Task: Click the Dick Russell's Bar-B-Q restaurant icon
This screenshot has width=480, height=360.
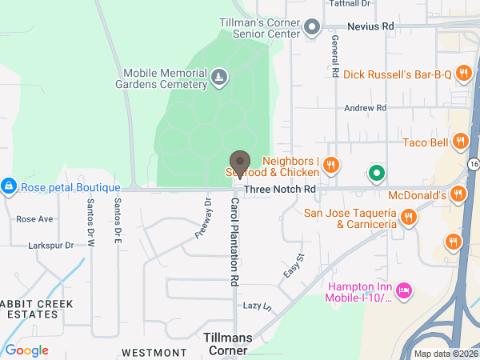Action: pyautogui.click(x=462, y=74)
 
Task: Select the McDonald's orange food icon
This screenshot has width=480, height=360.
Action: pyautogui.click(x=458, y=194)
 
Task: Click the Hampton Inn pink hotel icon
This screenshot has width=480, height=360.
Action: pyautogui.click(x=404, y=289)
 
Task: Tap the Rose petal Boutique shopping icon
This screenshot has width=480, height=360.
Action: pyautogui.click(x=9, y=186)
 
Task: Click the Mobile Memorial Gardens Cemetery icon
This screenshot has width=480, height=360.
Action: pyautogui.click(x=218, y=77)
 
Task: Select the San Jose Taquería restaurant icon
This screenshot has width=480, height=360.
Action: pyautogui.click(x=408, y=217)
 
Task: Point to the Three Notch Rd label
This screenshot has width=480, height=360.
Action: pyautogui.click(x=280, y=189)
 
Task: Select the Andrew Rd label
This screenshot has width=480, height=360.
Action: pyautogui.click(x=365, y=107)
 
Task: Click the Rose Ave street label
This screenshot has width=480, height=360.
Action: pyautogui.click(x=34, y=218)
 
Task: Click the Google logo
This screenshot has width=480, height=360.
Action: pyautogui.click(x=27, y=350)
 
